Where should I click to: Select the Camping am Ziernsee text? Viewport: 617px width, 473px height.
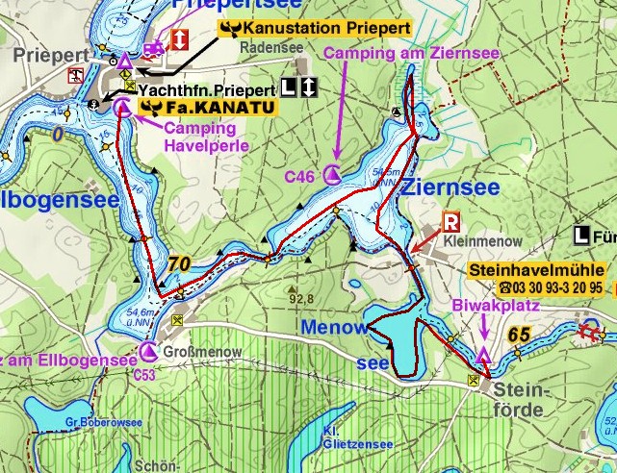412,53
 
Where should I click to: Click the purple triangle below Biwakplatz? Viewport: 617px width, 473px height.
483,357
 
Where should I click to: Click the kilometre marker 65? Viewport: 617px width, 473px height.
520,335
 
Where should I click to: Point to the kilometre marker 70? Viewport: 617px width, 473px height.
178,263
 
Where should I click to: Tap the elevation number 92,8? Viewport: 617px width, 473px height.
303,298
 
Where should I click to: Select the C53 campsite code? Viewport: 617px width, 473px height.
145,374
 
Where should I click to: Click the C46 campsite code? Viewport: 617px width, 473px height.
298,177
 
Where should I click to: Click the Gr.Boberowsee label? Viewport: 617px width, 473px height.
91,421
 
